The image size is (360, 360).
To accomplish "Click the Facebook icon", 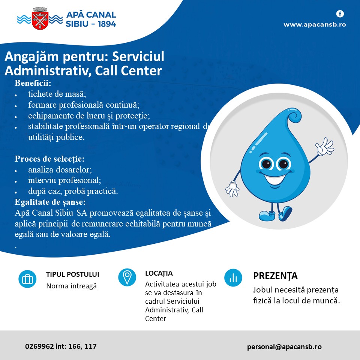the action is point(340,14).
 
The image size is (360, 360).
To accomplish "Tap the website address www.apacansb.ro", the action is point(315,24).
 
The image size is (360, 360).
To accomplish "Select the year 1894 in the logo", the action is point(107,24).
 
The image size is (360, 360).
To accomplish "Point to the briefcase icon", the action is point(27,279).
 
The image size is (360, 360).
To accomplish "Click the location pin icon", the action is point(127,277).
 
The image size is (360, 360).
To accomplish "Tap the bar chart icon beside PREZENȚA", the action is point(233,278).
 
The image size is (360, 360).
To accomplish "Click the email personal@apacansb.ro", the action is point(284,346).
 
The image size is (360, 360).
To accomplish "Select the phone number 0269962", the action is point(39,346).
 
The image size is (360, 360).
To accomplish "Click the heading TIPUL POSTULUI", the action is point(72,274).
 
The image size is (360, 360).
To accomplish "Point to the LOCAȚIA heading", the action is point(159,273).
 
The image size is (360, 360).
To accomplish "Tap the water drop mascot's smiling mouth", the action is point(275,178).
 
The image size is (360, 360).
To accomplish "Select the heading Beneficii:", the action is point(33,83).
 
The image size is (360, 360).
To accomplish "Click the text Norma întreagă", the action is point(71,286).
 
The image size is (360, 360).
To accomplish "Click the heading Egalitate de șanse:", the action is point(50,202).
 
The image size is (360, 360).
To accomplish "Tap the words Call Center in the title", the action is point(128,70).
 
